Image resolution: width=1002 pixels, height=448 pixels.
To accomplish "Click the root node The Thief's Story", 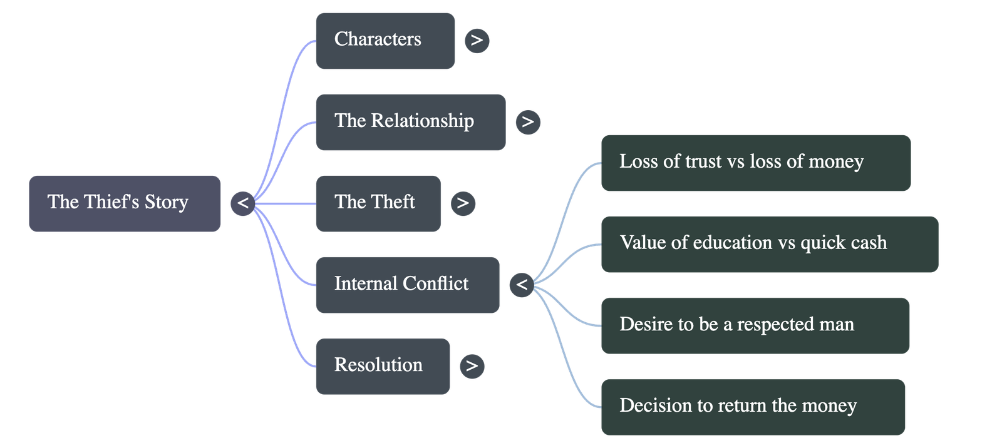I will coord(124,203).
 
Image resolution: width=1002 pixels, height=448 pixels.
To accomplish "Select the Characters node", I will coord(385,40).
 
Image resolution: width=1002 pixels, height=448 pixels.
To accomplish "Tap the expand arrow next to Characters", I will coord(477,41).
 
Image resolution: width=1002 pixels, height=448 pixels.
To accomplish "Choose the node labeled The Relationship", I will coord(410,122).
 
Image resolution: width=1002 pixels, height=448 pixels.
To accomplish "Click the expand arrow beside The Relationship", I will coord(527,121).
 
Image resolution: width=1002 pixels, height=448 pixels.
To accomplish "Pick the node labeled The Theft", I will coord(378,203).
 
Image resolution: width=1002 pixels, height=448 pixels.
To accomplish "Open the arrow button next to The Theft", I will coord(462,203).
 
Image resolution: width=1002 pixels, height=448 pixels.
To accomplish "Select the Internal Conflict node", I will coord(407,285).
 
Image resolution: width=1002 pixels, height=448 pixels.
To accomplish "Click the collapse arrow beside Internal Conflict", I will coord(522,285).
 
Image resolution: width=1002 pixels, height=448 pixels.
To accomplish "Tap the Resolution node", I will coord(382,366).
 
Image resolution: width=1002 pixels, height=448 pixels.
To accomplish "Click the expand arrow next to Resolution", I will coord(472,366).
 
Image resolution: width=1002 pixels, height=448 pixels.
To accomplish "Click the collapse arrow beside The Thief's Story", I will coord(242,203).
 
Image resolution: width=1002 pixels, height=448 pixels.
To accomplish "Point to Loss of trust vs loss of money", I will coord(755,163).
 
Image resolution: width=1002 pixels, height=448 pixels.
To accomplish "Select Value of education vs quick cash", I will coord(769,244).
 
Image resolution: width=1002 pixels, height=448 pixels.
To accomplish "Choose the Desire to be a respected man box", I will coord(755,325).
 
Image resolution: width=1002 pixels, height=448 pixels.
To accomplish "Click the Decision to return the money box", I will coord(753,407).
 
